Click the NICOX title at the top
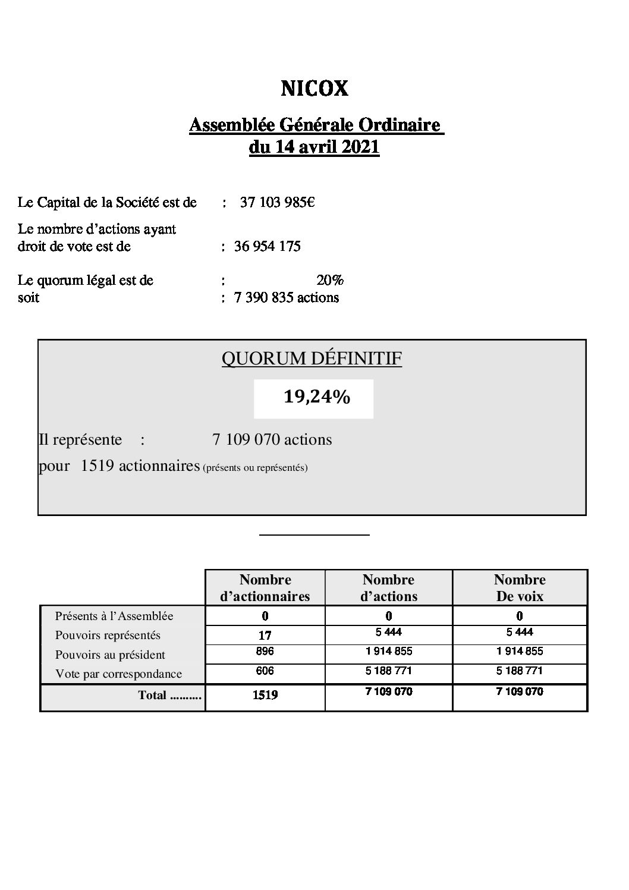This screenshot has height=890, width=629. (x=314, y=89)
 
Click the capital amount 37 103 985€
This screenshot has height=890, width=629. (x=277, y=203)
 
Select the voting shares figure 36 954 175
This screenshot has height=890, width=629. (x=268, y=246)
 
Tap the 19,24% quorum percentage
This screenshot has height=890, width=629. (x=316, y=397)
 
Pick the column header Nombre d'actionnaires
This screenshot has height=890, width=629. (x=265, y=588)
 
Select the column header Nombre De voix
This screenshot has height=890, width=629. (x=520, y=588)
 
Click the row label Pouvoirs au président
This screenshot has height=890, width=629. (x=110, y=655)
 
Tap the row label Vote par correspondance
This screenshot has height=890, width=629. (x=118, y=674)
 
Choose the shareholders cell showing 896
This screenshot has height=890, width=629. (x=265, y=652)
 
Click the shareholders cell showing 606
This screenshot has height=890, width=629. (x=265, y=671)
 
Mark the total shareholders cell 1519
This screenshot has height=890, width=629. (x=265, y=694)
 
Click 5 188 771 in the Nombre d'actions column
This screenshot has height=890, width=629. (x=389, y=671)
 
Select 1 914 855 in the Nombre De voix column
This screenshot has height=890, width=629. (x=520, y=651)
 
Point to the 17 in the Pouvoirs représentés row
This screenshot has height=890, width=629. (x=265, y=636)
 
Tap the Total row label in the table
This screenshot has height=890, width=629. (x=169, y=695)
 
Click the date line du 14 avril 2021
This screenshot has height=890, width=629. (x=314, y=147)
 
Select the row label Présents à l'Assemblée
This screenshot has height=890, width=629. (x=114, y=616)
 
